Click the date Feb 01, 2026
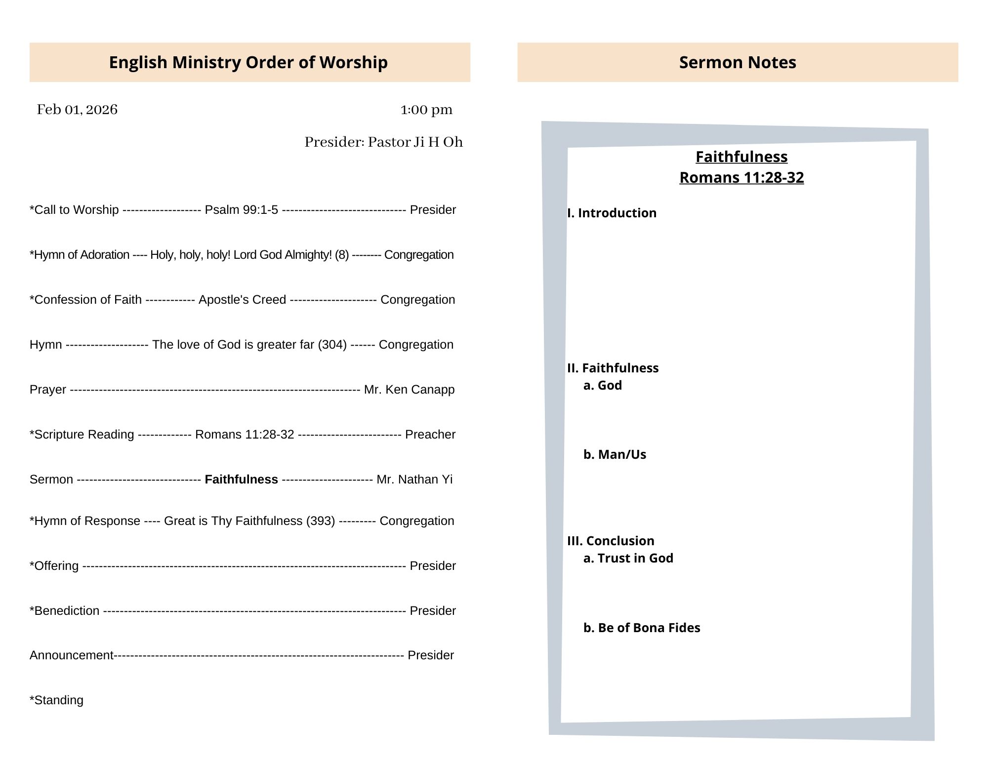coord(77,110)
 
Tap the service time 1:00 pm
coord(426,110)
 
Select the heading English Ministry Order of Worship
coord(248,62)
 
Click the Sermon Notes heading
coord(738,62)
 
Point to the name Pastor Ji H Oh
coord(415,142)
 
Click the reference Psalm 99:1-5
coord(242,210)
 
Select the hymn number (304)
coord(332,345)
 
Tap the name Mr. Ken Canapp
coord(409,390)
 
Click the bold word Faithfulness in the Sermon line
coord(241,480)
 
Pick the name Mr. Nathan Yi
coord(414,480)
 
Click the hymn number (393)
coord(321,521)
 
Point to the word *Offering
coord(54,566)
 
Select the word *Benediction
coord(65,611)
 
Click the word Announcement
coord(72,655)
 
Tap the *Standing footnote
coord(57,700)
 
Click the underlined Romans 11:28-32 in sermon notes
coord(741,177)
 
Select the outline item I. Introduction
coord(612,213)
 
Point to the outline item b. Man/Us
coord(615,454)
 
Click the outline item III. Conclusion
coord(611,541)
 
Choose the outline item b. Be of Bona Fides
coord(642,628)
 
